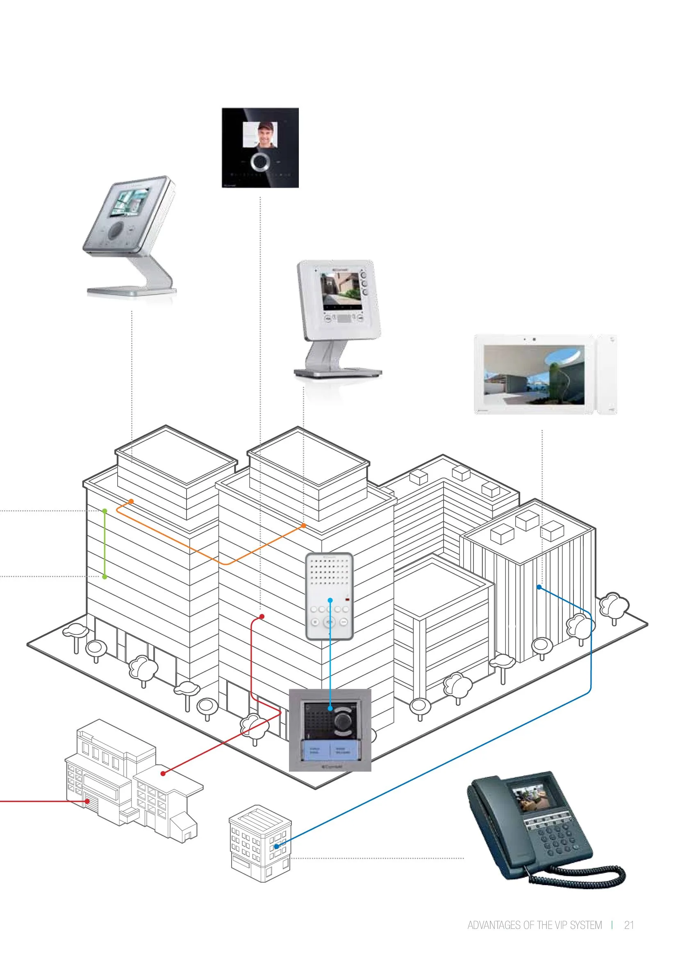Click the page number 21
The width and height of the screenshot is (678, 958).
(629, 925)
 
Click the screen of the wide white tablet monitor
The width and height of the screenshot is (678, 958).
(534, 374)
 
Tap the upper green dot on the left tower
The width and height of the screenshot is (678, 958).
(105, 511)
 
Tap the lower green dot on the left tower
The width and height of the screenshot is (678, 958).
(105, 577)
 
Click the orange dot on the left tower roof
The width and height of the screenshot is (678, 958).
(131, 501)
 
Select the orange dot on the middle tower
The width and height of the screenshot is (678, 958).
(303, 525)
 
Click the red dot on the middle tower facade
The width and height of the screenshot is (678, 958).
(262, 616)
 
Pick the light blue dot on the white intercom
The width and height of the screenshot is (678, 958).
(330, 600)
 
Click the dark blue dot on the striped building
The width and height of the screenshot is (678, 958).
(539, 587)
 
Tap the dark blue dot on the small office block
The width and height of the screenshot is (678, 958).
(276, 846)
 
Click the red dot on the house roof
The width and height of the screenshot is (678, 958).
(163, 773)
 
